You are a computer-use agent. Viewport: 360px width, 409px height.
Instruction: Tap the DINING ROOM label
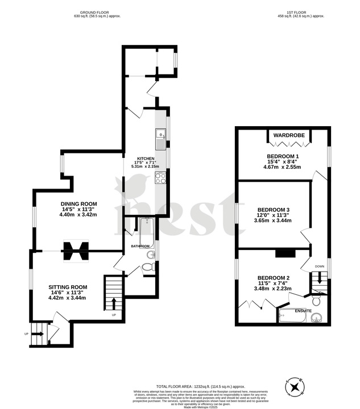pyautogui.click(x=80, y=203)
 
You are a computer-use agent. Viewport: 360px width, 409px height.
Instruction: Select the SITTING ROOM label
pyautogui.click(x=68, y=287)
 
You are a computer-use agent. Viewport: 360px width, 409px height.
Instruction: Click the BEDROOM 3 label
pyautogui.click(x=274, y=209)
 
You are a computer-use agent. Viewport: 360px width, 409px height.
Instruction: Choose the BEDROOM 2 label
pyautogui.click(x=274, y=278)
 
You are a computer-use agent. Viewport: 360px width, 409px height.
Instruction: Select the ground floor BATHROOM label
pyautogui.click(x=140, y=246)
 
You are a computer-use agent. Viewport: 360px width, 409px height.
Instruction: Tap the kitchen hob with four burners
pyautogui.click(x=161, y=177)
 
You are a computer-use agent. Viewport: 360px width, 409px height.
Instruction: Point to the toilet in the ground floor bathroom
pyautogui.click(x=150, y=268)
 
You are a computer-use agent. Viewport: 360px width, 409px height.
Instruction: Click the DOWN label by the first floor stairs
pyautogui.click(x=319, y=266)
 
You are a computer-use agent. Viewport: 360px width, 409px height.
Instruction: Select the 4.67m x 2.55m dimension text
pyautogui.click(x=282, y=167)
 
